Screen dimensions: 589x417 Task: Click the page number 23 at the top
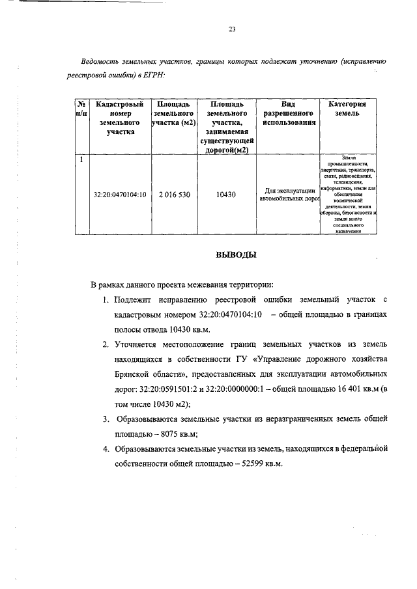click(x=231, y=29)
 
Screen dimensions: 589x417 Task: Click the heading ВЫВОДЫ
click(x=236, y=254)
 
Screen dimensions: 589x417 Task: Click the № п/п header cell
click(x=81, y=109)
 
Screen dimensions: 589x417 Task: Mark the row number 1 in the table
click(x=81, y=159)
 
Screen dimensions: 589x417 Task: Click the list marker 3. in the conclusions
click(x=106, y=417)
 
